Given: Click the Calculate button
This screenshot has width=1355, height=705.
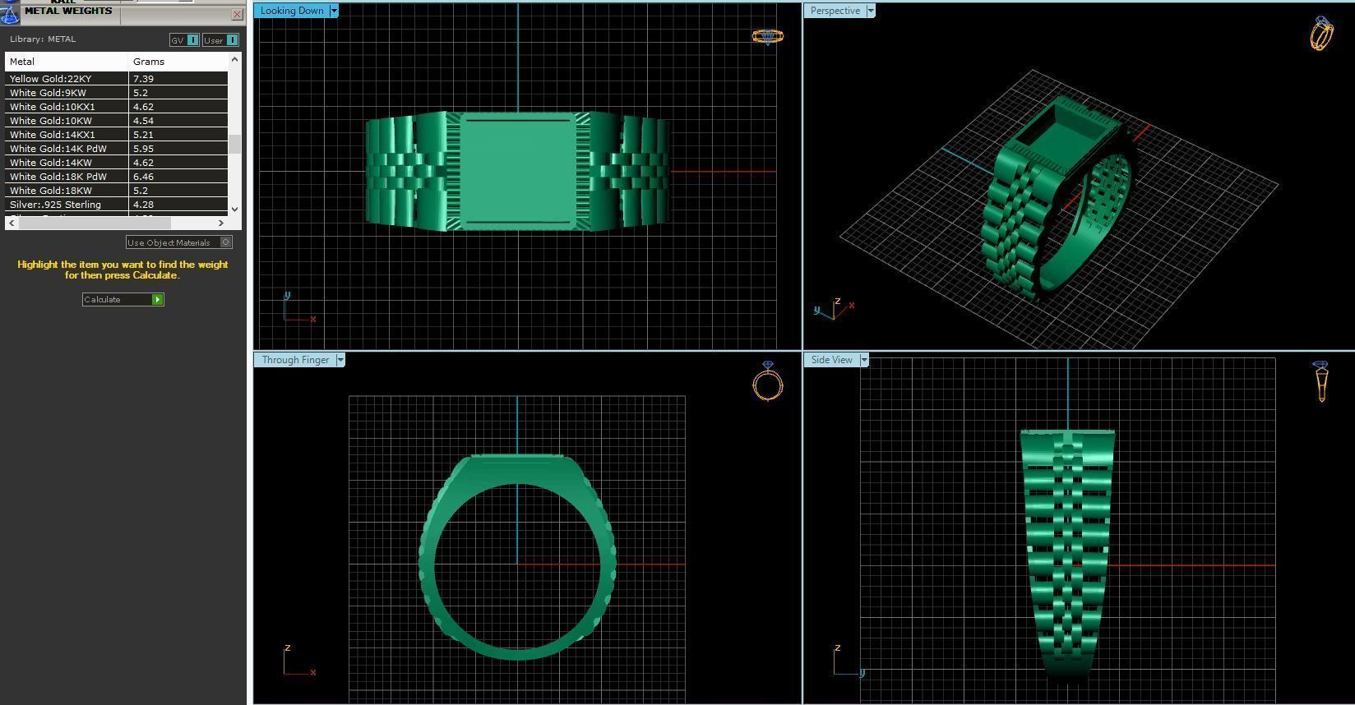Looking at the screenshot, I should [123, 300].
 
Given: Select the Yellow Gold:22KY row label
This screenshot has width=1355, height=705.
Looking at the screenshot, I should [51, 79].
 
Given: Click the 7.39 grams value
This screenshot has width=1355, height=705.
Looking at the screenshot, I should [144, 79].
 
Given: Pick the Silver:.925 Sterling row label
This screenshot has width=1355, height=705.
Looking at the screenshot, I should [55, 205].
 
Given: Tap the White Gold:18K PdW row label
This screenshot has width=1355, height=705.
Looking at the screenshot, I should [58, 177].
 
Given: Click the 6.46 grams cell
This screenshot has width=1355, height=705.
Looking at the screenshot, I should [144, 177].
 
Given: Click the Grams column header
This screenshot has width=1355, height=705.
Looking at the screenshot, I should [149, 62].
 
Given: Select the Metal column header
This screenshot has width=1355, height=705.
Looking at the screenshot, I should [22, 62].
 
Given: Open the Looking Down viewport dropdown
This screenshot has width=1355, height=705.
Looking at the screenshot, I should [334, 11].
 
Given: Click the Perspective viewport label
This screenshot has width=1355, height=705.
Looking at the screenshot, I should [835, 11].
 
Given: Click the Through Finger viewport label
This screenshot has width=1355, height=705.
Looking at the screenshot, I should [295, 360].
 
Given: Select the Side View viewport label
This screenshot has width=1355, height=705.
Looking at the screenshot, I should [831, 360].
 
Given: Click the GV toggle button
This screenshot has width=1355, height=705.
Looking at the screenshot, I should [184, 40].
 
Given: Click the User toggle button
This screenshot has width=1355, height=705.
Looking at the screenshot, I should [220, 40].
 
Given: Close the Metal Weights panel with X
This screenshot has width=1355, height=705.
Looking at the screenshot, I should [238, 15].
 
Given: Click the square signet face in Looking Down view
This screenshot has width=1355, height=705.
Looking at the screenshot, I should [517, 171].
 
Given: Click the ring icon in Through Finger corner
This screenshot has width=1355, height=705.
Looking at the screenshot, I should [768, 382].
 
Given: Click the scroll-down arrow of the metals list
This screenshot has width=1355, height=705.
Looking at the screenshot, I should [235, 210].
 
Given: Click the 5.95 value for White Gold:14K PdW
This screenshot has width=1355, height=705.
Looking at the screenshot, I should [144, 149].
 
